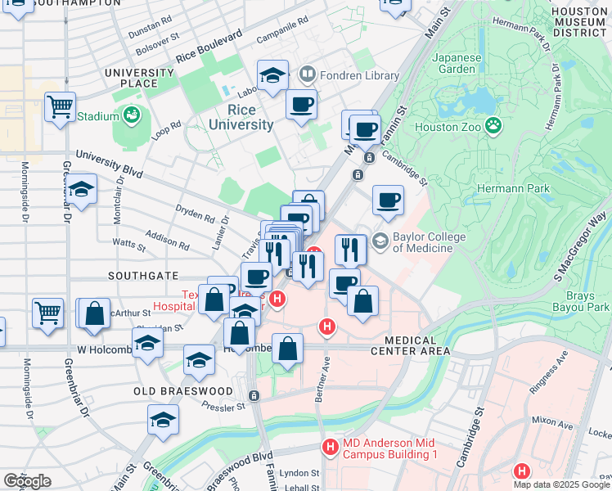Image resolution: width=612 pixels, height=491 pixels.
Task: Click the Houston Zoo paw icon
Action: pos(493,126)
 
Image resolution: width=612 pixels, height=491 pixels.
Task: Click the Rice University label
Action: pos(241,117)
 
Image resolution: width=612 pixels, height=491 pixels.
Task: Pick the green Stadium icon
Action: pos(133,116)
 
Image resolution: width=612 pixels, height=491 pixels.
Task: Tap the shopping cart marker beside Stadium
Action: pos(61,106)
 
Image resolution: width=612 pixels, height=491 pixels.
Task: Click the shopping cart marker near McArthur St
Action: pos(48,312)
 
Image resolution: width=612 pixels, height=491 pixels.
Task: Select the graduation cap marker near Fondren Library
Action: pos(273,75)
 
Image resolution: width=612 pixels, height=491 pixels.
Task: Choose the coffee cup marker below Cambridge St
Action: pos(388,200)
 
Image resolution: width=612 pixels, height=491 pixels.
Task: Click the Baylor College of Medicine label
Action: pos(429,243)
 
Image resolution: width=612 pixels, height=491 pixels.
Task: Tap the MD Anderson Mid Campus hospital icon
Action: pos(329,447)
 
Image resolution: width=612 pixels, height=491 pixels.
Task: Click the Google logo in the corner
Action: pos(27,481)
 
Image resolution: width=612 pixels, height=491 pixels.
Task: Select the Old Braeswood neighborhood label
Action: pos(183,391)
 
